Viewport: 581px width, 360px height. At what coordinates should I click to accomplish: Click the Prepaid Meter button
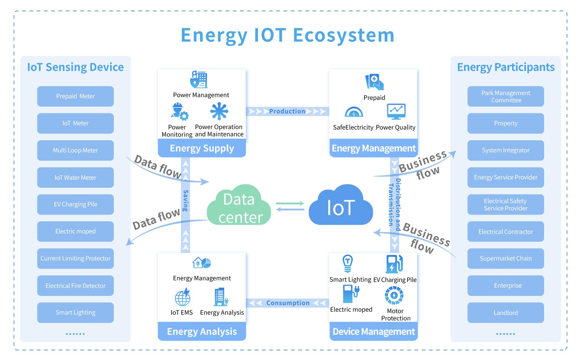click(x=75, y=96)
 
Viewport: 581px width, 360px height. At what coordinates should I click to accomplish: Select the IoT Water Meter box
click(x=75, y=177)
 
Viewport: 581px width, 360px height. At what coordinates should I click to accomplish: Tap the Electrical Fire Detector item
click(x=75, y=286)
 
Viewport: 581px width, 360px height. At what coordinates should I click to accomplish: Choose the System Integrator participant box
click(x=505, y=150)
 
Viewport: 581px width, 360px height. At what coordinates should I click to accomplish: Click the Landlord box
click(x=505, y=312)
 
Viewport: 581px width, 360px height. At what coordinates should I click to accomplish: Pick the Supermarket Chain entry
click(x=505, y=258)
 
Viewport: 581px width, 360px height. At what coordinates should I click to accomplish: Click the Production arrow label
click(x=287, y=111)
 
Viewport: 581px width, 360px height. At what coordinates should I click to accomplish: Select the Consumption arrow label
click(x=287, y=303)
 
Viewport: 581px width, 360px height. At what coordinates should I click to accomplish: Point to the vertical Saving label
click(x=185, y=200)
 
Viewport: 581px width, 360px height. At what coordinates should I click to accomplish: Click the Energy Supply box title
click(x=202, y=148)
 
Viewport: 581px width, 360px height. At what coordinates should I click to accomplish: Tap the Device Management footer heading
click(x=374, y=332)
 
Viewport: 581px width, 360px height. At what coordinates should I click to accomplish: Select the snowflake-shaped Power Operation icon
click(x=219, y=111)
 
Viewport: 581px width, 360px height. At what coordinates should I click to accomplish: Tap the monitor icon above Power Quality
click(x=396, y=111)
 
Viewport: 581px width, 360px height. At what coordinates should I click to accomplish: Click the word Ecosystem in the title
click(x=343, y=35)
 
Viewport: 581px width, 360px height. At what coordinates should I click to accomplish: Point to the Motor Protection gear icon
click(x=394, y=295)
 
